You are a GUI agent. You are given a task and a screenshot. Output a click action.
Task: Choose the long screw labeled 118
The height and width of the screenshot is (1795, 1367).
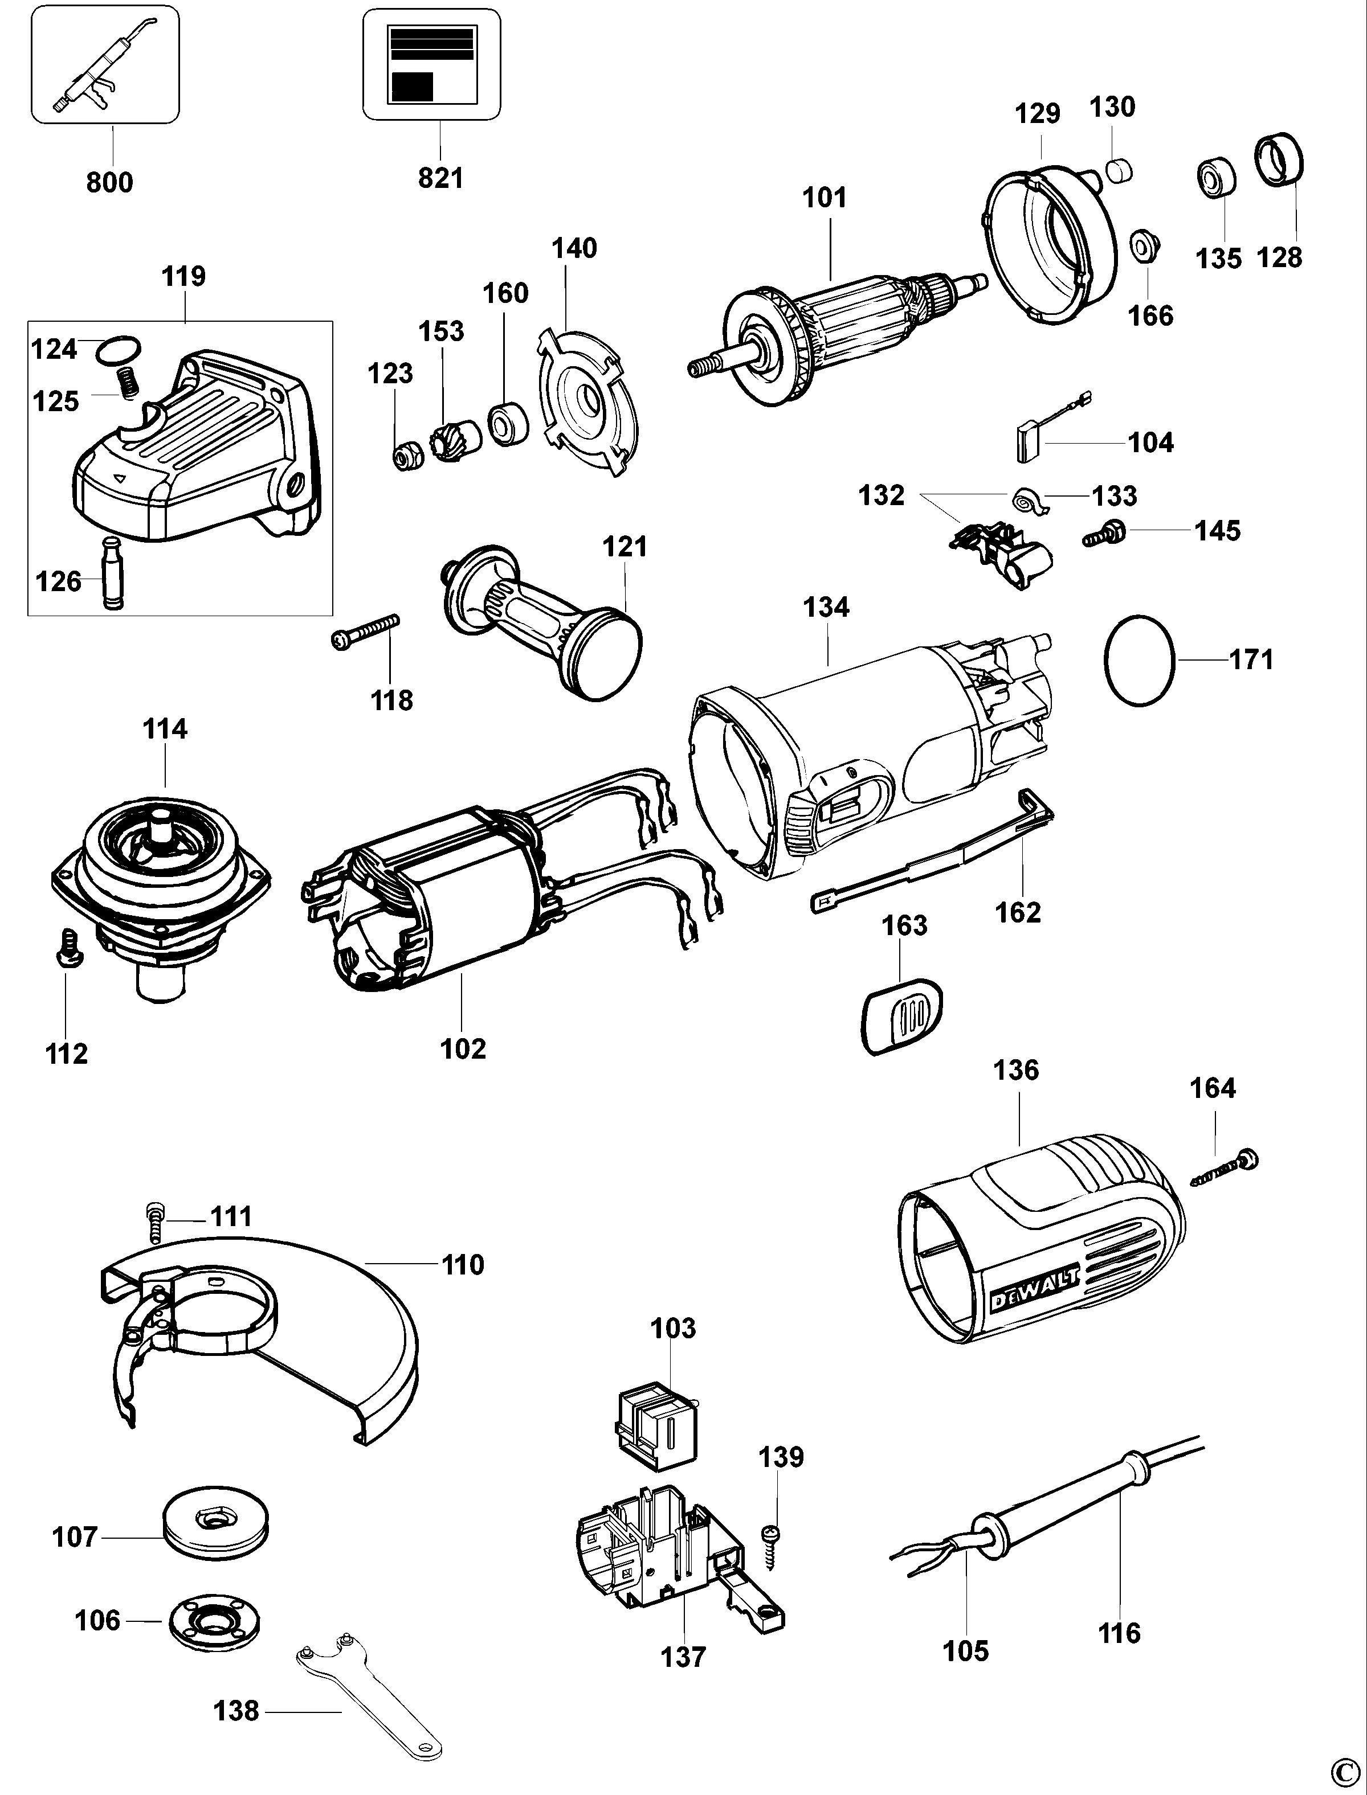tap(365, 631)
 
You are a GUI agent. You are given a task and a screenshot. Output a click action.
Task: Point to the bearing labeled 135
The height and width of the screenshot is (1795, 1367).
tap(1215, 175)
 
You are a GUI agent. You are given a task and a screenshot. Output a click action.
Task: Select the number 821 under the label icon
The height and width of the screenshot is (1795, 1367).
tap(440, 178)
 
